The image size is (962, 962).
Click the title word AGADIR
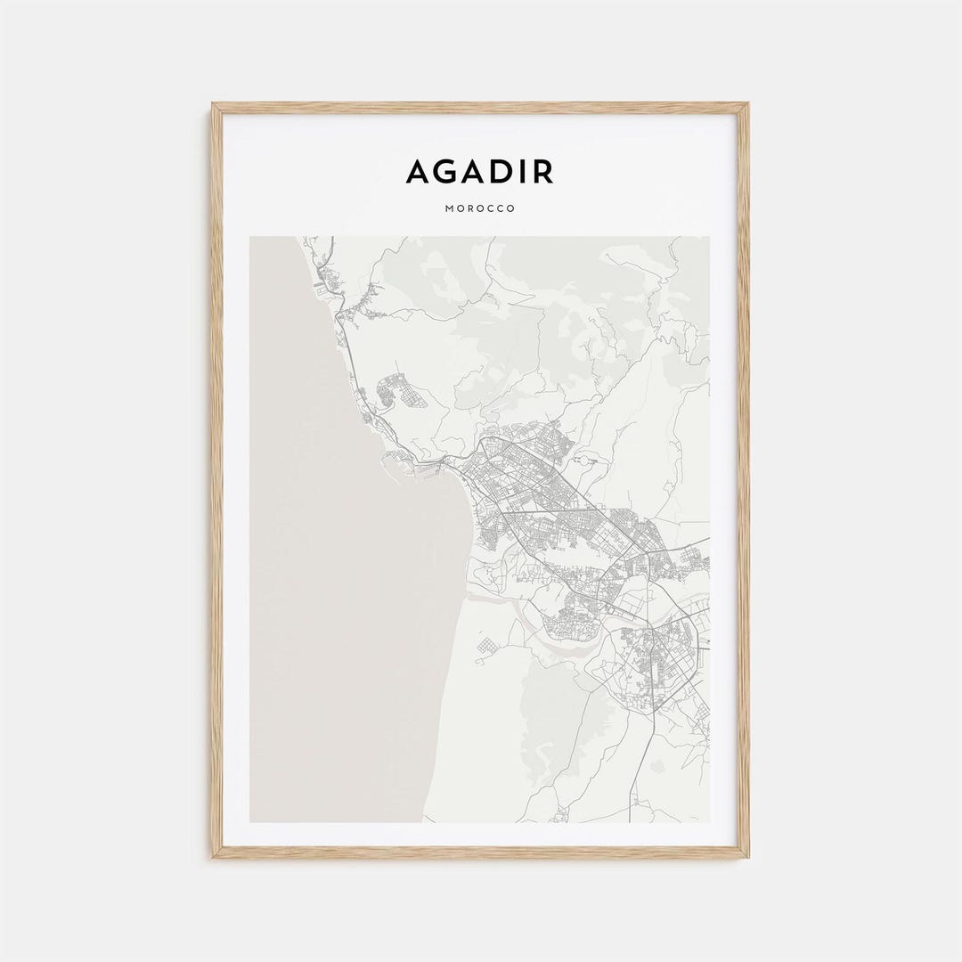(x=479, y=171)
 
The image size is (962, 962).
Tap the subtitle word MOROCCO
(x=479, y=209)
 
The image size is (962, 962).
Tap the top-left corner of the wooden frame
(x=214, y=105)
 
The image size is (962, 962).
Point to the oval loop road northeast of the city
(x=583, y=461)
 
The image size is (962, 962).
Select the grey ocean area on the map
(x=338, y=579)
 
